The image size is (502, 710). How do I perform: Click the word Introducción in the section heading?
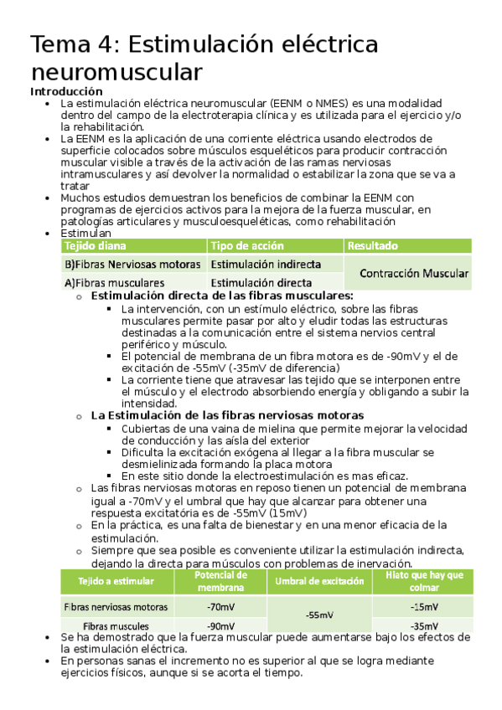[x=66, y=90]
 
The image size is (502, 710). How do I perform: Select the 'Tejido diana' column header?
[x=94, y=246]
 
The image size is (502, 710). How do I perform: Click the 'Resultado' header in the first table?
[x=372, y=246]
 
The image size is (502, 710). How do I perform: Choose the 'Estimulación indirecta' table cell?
[x=260, y=265]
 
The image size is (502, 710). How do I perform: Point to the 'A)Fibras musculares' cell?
[x=114, y=283]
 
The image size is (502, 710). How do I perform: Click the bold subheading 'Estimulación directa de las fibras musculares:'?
[x=221, y=296]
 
